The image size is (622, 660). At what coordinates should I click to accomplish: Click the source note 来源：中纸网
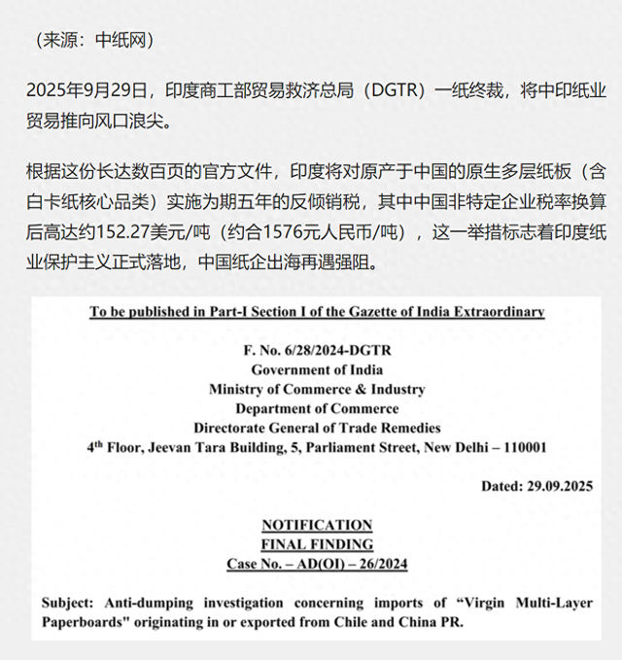coord(93,42)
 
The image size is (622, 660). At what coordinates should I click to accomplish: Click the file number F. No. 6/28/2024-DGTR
coord(317,351)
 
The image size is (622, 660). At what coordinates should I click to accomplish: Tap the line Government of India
coord(317,370)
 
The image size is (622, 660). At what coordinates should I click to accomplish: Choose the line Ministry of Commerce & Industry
coord(317,390)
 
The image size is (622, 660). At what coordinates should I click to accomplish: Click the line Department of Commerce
coord(317,408)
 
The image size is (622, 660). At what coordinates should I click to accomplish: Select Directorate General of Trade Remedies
coord(317,428)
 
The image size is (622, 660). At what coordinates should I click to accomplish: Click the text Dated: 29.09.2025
coord(536,486)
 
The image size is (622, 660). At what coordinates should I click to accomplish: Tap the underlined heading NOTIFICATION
coord(317,525)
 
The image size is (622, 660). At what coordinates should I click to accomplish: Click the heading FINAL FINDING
coord(317,544)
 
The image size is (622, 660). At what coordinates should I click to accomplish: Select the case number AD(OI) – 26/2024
coord(359,564)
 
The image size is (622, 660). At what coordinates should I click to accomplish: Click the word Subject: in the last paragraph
coord(68,604)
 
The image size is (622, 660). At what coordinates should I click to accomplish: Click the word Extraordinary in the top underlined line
coord(497,312)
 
